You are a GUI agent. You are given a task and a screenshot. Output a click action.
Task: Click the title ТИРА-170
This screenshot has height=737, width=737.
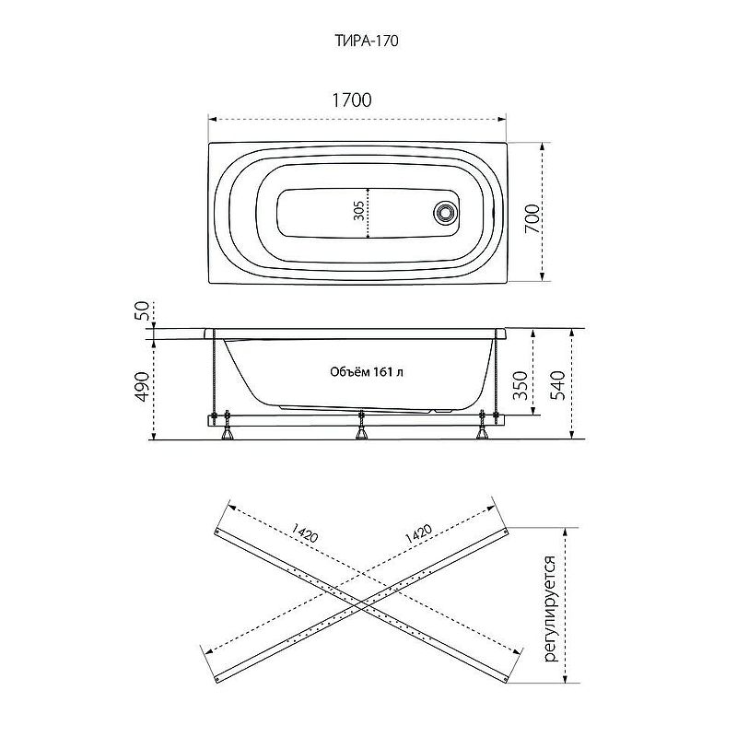tap(367, 41)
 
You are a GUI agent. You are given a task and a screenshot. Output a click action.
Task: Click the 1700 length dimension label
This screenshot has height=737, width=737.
tap(352, 100)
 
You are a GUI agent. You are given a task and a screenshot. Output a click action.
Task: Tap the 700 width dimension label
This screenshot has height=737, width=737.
tap(532, 218)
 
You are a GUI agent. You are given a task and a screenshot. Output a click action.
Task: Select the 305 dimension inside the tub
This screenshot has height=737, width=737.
tap(358, 211)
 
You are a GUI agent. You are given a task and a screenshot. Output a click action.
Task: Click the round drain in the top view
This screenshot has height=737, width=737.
tap(444, 212)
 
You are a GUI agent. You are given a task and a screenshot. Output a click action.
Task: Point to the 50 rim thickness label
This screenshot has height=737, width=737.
tap(143, 310)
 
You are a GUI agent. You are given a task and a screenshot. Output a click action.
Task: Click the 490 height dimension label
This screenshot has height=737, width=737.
tap(142, 387)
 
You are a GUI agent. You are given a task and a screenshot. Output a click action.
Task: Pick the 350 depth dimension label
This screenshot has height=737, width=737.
tap(520, 385)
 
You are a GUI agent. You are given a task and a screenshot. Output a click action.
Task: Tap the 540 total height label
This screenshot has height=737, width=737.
tap(557, 385)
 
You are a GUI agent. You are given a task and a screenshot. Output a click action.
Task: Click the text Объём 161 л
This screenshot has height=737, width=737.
tap(366, 372)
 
